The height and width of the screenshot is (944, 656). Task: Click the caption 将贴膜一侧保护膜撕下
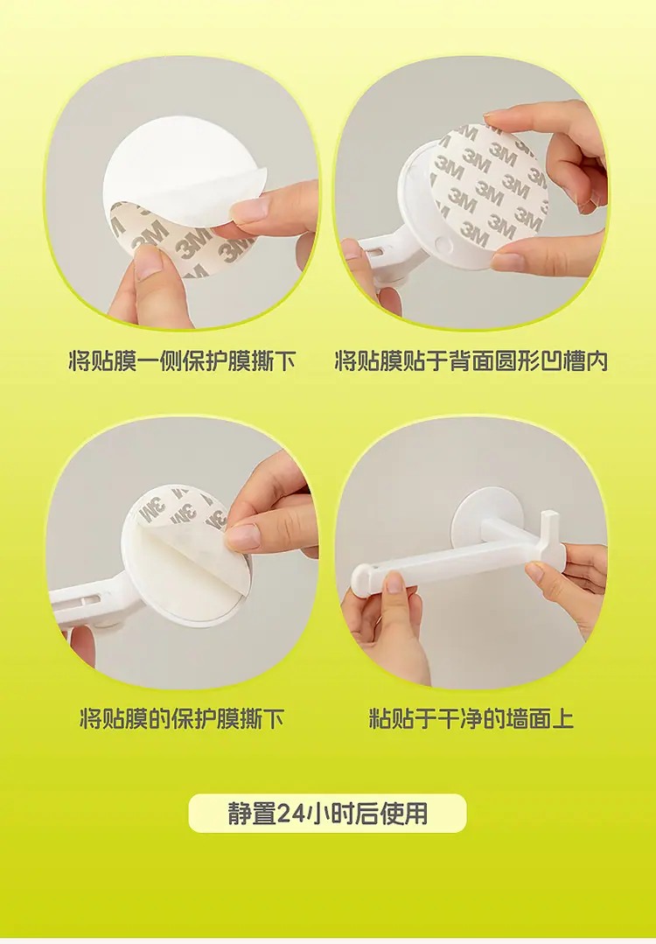(x=182, y=361)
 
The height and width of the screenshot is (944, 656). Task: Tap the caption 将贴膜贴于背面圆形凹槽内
(x=471, y=361)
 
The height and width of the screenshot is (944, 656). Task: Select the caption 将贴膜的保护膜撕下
(x=182, y=719)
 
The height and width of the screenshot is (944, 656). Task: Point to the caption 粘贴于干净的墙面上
(x=471, y=719)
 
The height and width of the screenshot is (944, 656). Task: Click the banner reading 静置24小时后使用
(x=327, y=814)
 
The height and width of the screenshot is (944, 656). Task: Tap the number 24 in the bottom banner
(x=290, y=814)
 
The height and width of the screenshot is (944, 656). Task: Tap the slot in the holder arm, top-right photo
(x=385, y=245)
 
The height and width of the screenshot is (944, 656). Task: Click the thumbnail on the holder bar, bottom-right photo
(x=394, y=582)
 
